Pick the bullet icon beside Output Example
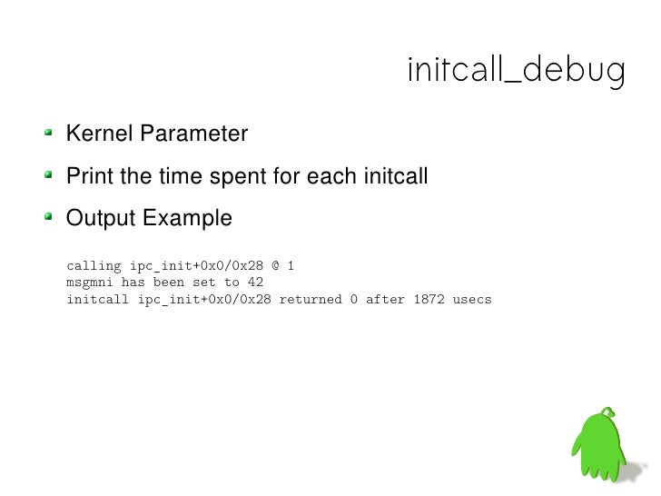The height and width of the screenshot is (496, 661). click(x=51, y=219)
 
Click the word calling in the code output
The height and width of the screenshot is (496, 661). click(x=94, y=266)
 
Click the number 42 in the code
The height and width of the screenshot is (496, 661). click(x=255, y=283)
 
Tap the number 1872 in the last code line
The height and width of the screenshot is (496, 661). click(x=429, y=299)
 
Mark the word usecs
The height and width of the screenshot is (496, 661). click(x=472, y=299)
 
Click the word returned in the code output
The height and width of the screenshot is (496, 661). click(x=310, y=299)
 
